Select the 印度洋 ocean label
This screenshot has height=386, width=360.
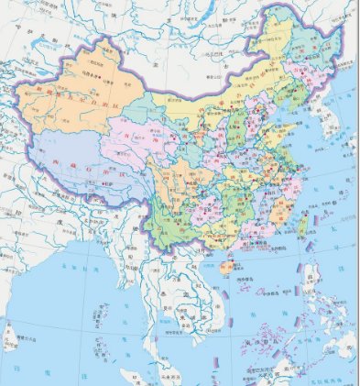(37, 376)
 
